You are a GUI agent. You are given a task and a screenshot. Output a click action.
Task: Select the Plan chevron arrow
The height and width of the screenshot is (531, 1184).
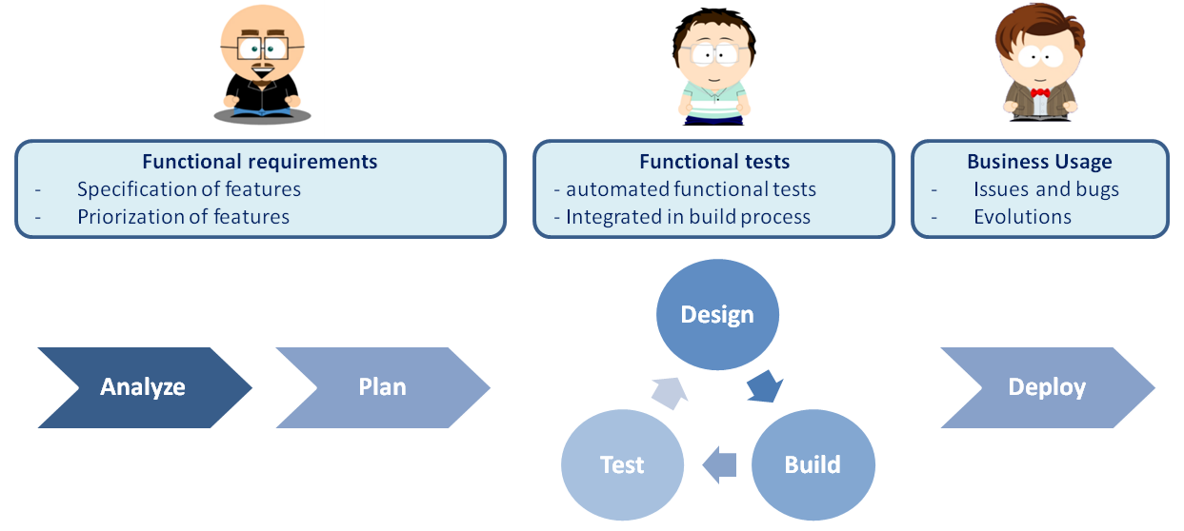tap(383, 387)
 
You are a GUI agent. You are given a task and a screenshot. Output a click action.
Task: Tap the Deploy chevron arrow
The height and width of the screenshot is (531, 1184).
tap(1048, 387)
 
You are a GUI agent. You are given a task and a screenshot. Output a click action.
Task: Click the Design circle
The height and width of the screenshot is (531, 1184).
tap(717, 315)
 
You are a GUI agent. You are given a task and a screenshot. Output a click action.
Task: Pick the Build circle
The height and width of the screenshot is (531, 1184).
tap(813, 465)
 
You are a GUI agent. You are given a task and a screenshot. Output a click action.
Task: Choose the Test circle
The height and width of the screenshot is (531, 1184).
tap(622, 465)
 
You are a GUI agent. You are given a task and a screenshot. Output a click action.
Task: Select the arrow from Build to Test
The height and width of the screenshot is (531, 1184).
tap(719, 465)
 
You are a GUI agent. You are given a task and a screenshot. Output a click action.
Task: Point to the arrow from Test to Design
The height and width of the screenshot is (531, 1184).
tap(670, 393)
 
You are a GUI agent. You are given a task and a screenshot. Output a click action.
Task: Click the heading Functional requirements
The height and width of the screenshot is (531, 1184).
tap(259, 162)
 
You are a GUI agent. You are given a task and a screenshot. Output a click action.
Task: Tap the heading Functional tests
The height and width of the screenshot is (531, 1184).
tap(714, 162)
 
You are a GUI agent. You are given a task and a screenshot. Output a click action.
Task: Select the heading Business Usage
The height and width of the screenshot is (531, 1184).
tap(1040, 162)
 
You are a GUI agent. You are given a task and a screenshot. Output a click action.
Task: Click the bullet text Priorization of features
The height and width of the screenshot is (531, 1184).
tap(184, 217)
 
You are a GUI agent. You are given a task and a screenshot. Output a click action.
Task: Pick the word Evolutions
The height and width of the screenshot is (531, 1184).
tap(1023, 217)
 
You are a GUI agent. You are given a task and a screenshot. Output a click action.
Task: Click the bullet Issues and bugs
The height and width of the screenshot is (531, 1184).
tap(1047, 189)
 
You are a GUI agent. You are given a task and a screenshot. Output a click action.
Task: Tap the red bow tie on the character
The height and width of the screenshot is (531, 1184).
tap(1040, 93)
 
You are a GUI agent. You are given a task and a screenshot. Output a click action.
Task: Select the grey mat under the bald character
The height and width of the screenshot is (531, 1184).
tap(262, 115)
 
